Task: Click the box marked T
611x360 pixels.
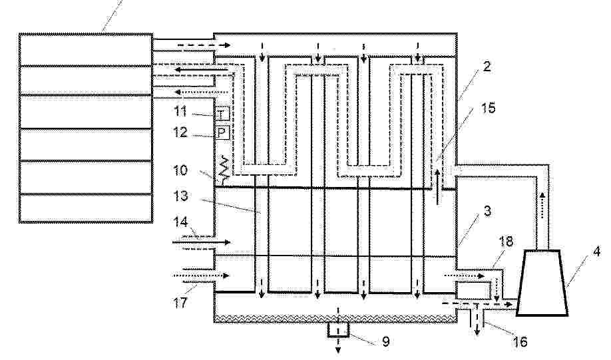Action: click(x=222, y=115)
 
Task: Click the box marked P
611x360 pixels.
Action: click(x=222, y=134)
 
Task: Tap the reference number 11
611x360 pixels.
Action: click(x=181, y=111)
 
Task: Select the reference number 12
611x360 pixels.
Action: click(x=180, y=132)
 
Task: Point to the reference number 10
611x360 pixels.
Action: click(x=180, y=170)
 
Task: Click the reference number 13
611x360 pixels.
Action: click(x=181, y=196)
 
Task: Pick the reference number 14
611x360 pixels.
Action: click(x=181, y=222)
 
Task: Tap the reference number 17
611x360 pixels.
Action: click(x=180, y=302)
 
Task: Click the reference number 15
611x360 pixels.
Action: click(x=489, y=108)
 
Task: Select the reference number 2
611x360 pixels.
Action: click(x=487, y=67)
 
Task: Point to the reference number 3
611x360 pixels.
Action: click(x=487, y=211)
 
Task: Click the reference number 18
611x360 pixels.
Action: click(x=506, y=242)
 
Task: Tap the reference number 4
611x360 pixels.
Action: click(x=596, y=252)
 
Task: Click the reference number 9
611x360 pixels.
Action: click(x=386, y=341)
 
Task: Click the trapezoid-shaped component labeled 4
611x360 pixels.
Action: click(x=542, y=282)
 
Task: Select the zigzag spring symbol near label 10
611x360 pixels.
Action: click(x=223, y=169)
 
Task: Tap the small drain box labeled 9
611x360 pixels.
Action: click(x=338, y=329)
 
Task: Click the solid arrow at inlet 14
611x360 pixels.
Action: click(x=202, y=242)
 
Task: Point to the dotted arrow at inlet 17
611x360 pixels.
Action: click(x=201, y=275)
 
